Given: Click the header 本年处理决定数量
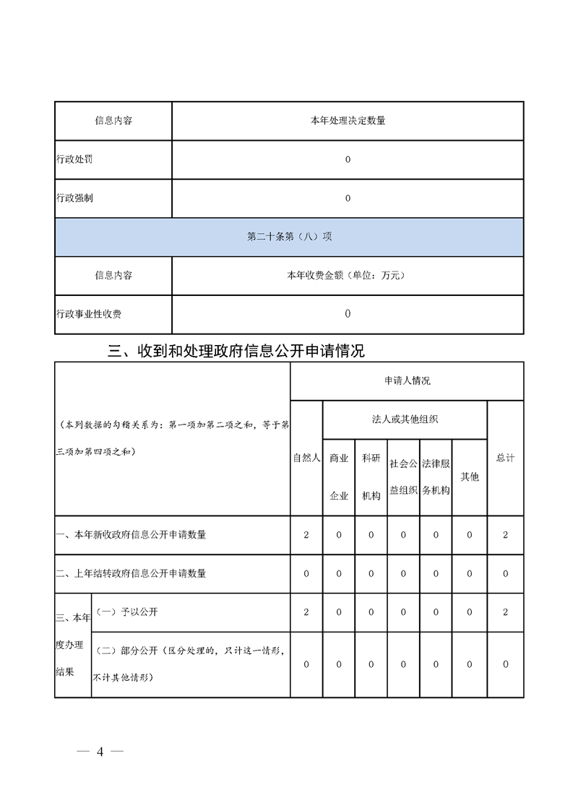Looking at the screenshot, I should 348,121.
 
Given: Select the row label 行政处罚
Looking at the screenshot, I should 74,160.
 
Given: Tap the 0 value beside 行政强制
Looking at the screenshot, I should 348,199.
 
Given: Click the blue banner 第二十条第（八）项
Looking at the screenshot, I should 289,237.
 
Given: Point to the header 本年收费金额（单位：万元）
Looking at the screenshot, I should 348,275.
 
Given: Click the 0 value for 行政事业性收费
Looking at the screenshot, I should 348,314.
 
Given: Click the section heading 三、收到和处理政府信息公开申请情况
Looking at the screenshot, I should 236,352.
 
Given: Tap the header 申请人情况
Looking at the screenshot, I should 407,380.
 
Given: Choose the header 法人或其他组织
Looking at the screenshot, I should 405,419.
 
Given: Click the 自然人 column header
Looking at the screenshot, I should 306,458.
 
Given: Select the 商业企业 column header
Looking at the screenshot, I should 339,476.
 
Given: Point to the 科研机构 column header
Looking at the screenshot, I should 371,476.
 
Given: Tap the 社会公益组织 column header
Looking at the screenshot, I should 403,476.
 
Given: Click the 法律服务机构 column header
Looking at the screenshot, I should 436,476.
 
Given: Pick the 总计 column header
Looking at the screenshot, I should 505,458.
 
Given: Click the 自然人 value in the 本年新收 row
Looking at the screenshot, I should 306,535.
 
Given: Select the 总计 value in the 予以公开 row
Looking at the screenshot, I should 505,612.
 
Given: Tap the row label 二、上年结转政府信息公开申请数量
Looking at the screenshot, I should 131,574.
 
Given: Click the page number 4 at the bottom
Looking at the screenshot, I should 100,752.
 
